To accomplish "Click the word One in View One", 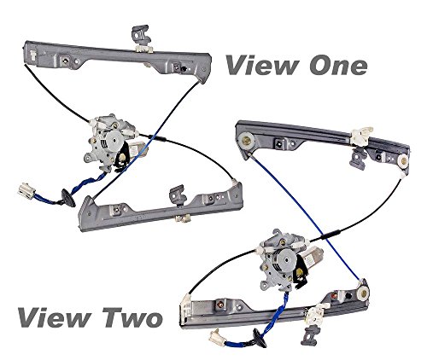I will tap(330, 67).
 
